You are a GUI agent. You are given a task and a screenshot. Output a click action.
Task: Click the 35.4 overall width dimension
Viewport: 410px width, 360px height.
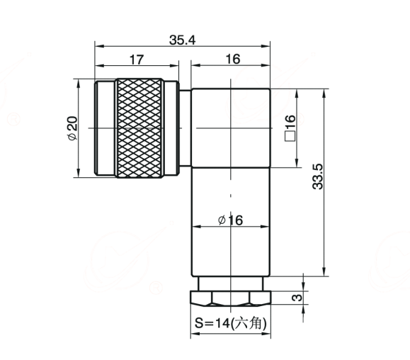point(182,40)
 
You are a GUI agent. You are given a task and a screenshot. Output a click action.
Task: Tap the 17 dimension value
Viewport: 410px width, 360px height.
point(137,60)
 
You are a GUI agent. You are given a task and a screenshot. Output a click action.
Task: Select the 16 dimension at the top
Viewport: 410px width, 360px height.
point(233,59)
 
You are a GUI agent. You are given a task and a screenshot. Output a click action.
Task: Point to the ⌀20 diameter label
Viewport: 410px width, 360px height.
point(72,128)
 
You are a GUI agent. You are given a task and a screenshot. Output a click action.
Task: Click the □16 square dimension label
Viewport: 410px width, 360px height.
point(290,128)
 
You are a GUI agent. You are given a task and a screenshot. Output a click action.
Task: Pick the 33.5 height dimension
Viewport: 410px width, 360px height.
point(318,176)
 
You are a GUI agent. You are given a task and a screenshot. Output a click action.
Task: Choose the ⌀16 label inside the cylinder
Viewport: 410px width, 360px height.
point(230,220)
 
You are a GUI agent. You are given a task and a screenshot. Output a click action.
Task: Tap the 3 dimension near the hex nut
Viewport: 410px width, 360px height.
point(297,298)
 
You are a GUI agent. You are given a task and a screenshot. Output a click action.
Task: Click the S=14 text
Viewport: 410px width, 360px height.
point(212,323)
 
